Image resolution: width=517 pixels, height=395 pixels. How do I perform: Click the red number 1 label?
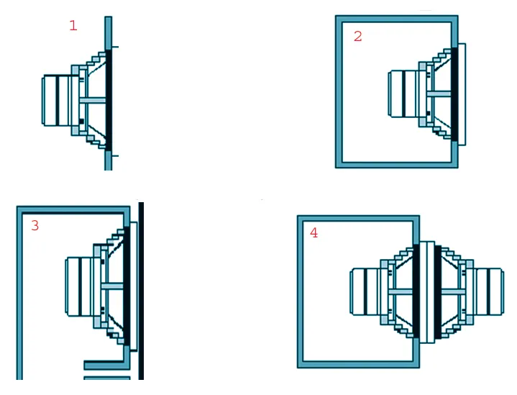[73, 25]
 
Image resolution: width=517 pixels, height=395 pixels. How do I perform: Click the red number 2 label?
[358, 36]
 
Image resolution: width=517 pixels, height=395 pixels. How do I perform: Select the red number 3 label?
[35, 225]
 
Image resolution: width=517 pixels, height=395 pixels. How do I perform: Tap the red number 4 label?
[314, 232]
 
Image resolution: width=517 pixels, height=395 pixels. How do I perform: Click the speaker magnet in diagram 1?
[56, 100]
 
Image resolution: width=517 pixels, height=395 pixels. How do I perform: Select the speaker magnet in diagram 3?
[80, 286]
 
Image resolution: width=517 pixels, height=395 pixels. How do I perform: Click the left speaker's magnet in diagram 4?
[365, 291]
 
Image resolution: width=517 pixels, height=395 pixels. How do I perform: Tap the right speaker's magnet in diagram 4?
[489, 291]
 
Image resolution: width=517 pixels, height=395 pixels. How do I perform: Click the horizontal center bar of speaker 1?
[93, 100]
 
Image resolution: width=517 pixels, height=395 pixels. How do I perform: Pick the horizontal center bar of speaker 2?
[439, 94]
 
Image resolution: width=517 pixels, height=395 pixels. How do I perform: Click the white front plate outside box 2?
[462, 94]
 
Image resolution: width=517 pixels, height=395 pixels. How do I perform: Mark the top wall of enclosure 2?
[397, 19]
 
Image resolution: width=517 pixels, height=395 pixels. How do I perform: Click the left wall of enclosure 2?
[339, 91]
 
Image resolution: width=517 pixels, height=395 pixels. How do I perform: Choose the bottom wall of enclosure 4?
[358, 364]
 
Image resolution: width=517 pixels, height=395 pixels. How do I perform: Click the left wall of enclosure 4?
[301, 291]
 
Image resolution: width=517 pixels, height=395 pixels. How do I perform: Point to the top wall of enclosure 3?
[73, 210]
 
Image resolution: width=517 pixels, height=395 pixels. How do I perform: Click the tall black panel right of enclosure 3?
[141, 291]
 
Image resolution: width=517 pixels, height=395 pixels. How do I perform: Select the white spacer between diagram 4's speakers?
[427, 292]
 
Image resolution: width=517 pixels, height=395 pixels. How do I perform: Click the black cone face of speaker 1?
[109, 100]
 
